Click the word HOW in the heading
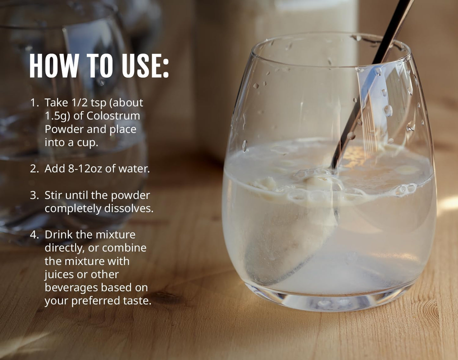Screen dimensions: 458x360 (x=54, y=66)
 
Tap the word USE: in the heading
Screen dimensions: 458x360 (x=145, y=66)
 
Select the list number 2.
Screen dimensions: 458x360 (x=35, y=169)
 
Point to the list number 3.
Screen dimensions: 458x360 (x=35, y=195)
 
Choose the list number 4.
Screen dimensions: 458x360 (x=35, y=235)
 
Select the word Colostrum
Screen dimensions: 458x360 (x=113, y=116)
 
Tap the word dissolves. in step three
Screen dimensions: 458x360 (x=129, y=208)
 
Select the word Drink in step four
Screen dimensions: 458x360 (x=59, y=235)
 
